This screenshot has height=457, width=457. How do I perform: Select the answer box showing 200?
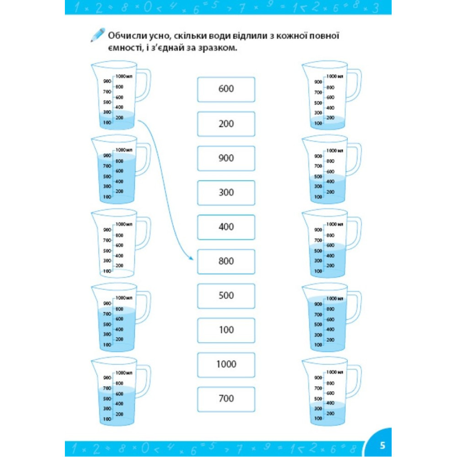pos(226,124)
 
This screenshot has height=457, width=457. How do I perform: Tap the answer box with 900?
pos(226,158)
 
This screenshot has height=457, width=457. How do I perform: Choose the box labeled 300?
pos(226,192)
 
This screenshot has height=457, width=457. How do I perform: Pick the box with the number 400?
pos(226,227)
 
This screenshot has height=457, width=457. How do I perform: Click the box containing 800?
pos(226,261)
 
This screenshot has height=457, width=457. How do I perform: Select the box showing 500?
pos(226,296)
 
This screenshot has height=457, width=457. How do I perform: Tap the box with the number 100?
pos(226,330)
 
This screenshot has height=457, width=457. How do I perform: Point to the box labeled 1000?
pos(226,364)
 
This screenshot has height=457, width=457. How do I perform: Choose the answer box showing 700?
pos(226,399)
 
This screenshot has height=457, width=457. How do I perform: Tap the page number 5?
pos(383,445)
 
